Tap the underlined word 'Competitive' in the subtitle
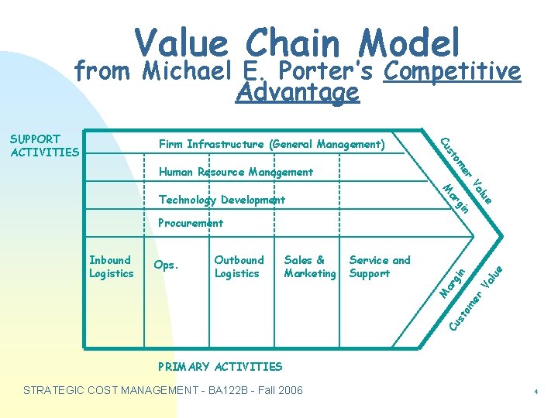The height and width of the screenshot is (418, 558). (x=452, y=71)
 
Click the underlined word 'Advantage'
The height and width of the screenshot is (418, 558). (x=298, y=92)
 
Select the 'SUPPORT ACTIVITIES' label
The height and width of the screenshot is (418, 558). (x=44, y=146)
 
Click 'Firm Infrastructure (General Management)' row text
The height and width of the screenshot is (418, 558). (x=271, y=144)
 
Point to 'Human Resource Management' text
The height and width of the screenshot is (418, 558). (x=236, y=172)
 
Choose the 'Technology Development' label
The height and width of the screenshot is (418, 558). (x=222, y=200)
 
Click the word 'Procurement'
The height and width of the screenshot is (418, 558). (x=190, y=223)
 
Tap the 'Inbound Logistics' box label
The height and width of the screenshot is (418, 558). (x=111, y=266)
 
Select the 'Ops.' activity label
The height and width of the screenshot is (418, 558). (x=167, y=265)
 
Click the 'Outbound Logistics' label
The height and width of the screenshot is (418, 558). (x=239, y=266)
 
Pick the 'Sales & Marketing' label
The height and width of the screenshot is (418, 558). (x=309, y=266)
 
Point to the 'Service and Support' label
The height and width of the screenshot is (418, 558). (x=380, y=266)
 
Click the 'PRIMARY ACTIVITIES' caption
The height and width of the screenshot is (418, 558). (x=219, y=366)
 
